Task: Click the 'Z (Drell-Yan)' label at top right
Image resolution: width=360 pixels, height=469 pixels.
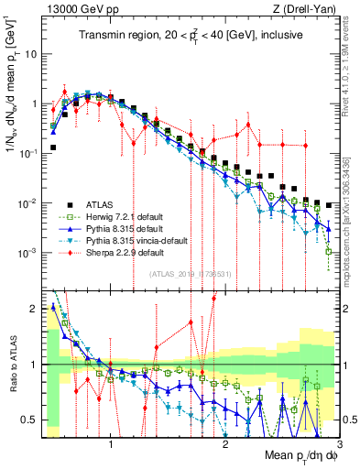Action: coord(310,8)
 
